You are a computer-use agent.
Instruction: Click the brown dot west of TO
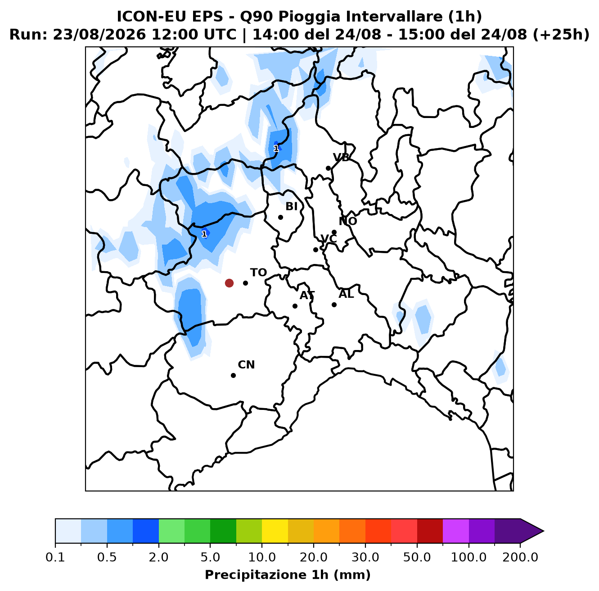[x=229, y=283]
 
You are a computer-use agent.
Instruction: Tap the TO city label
[x=258, y=273]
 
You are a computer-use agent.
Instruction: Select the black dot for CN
[x=233, y=375]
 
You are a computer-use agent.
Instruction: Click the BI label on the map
[x=291, y=206]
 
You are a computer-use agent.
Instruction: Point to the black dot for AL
[x=334, y=305]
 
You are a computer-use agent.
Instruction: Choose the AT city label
[x=307, y=295]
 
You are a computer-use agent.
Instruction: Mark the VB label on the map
[x=341, y=158]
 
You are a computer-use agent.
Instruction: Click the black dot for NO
[x=334, y=232]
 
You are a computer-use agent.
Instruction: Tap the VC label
[x=329, y=239]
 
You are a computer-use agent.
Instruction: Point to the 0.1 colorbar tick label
[x=55, y=557]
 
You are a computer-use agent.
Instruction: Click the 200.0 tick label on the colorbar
[x=520, y=557]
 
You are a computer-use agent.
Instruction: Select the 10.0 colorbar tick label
[x=262, y=557]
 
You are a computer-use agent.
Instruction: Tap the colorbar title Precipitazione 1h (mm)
[x=288, y=575]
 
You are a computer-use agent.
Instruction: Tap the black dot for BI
[x=280, y=217]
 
